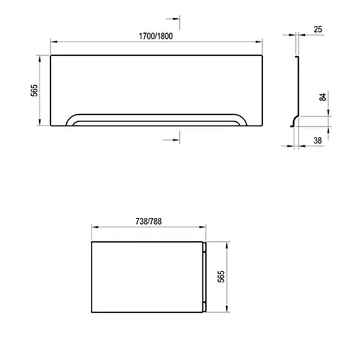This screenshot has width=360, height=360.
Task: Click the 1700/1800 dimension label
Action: tap(156, 36)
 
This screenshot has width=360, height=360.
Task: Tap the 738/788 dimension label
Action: tap(148, 221)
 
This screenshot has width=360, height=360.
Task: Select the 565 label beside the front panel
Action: tap(34, 90)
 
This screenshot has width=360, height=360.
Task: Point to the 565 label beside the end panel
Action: tap(221, 277)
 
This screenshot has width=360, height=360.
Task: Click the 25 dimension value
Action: tap(318, 30)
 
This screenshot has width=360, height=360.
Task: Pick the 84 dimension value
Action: tap(323, 97)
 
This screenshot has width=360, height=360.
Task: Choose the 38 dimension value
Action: tap(318, 140)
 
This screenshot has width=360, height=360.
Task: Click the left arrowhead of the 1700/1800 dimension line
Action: tap(54, 42)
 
